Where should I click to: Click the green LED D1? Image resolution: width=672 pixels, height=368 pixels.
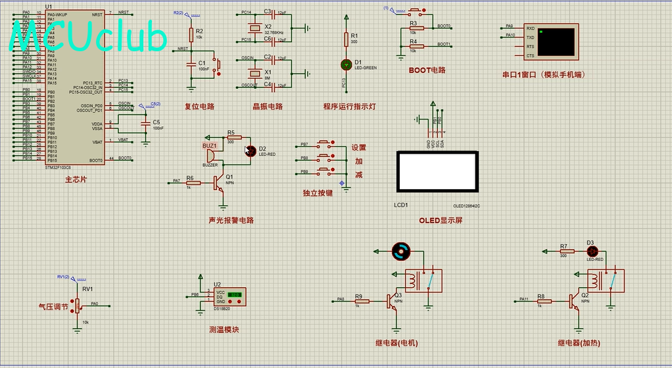click(x=347, y=64)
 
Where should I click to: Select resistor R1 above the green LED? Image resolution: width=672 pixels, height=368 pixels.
click(x=347, y=40)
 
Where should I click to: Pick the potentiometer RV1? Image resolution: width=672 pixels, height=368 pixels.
click(x=78, y=304)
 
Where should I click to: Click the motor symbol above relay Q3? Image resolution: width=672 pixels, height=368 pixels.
click(x=400, y=251)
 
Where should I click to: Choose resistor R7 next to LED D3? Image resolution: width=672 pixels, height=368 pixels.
click(x=564, y=251)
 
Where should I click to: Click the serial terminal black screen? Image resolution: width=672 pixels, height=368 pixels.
click(x=556, y=41)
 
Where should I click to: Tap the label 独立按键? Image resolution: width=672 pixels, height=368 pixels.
click(x=318, y=193)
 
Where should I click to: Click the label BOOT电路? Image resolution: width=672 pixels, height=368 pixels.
click(x=427, y=70)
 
